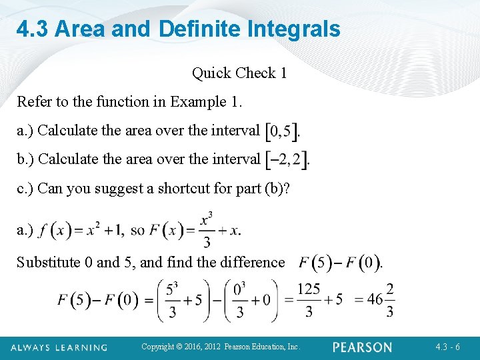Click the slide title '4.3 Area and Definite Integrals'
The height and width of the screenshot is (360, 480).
click(x=178, y=29)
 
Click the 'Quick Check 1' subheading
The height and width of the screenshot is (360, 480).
click(x=239, y=73)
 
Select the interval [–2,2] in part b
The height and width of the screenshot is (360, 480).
click(x=287, y=159)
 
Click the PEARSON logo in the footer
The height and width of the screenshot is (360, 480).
click(x=363, y=347)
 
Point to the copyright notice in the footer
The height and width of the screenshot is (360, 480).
click(x=221, y=347)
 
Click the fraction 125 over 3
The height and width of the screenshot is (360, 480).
click(x=308, y=300)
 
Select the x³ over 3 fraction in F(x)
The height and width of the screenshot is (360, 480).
click(x=206, y=230)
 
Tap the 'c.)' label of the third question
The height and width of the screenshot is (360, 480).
click(x=25, y=188)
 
